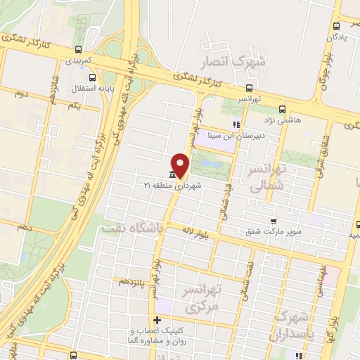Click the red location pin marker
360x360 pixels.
pos(181,164)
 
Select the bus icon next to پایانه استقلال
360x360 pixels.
pos(76,89)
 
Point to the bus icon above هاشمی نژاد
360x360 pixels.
pos(282,109)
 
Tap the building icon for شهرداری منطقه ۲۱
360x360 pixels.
pos(172,174)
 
